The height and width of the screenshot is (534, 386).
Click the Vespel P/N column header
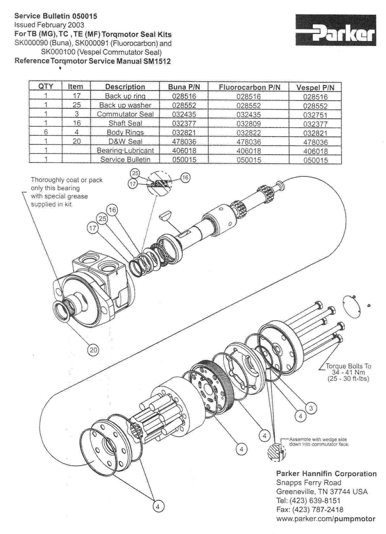pyautogui.click(x=315, y=87)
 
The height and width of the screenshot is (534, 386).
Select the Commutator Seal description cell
pyautogui.click(x=125, y=114)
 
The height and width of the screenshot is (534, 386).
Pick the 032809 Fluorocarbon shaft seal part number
pyautogui.click(x=249, y=124)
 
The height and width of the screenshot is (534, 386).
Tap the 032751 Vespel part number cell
pyautogui.click(x=315, y=115)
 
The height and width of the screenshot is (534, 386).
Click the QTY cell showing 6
pyautogui.click(x=46, y=132)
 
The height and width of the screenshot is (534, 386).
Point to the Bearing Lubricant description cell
pyautogui.click(x=125, y=151)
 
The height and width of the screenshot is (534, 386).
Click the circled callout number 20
pyautogui.click(x=93, y=350)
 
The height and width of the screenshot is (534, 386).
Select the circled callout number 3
pyautogui.click(x=311, y=408)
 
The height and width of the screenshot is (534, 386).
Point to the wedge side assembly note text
pyautogui.click(x=318, y=442)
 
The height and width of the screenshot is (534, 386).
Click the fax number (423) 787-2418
pyautogui.click(x=310, y=510)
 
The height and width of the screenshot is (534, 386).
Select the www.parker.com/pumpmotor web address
pyautogui.click(x=326, y=519)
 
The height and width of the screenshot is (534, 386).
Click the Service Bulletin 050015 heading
pyautogui.click(x=56, y=16)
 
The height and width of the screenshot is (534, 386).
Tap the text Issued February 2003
pyautogui.click(x=49, y=25)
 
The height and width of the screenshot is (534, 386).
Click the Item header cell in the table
pyautogui.click(x=76, y=87)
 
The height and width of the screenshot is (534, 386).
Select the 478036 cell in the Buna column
pyautogui.click(x=184, y=141)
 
